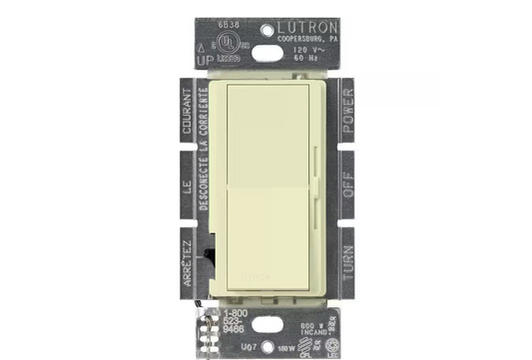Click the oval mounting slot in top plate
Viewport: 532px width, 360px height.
pyautogui.click(x=266, y=49)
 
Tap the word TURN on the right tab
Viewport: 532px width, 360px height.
pyautogui.click(x=347, y=255)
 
